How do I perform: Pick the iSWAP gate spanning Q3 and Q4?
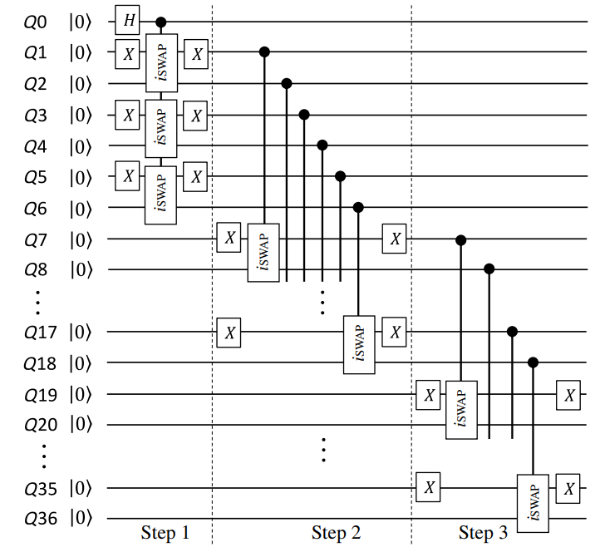click(161, 128)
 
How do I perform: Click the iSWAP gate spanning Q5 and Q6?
click(161, 194)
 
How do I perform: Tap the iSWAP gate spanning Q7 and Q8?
click(264, 252)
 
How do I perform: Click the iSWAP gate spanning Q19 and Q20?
click(461, 409)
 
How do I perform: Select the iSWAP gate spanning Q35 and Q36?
click(532, 503)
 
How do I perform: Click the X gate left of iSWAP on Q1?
click(128, 53)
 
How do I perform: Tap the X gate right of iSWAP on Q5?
click(196, 176)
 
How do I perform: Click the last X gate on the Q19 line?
click(569, 394)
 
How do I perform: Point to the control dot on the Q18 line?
click(533, 362)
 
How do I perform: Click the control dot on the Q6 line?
click(358, 207)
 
